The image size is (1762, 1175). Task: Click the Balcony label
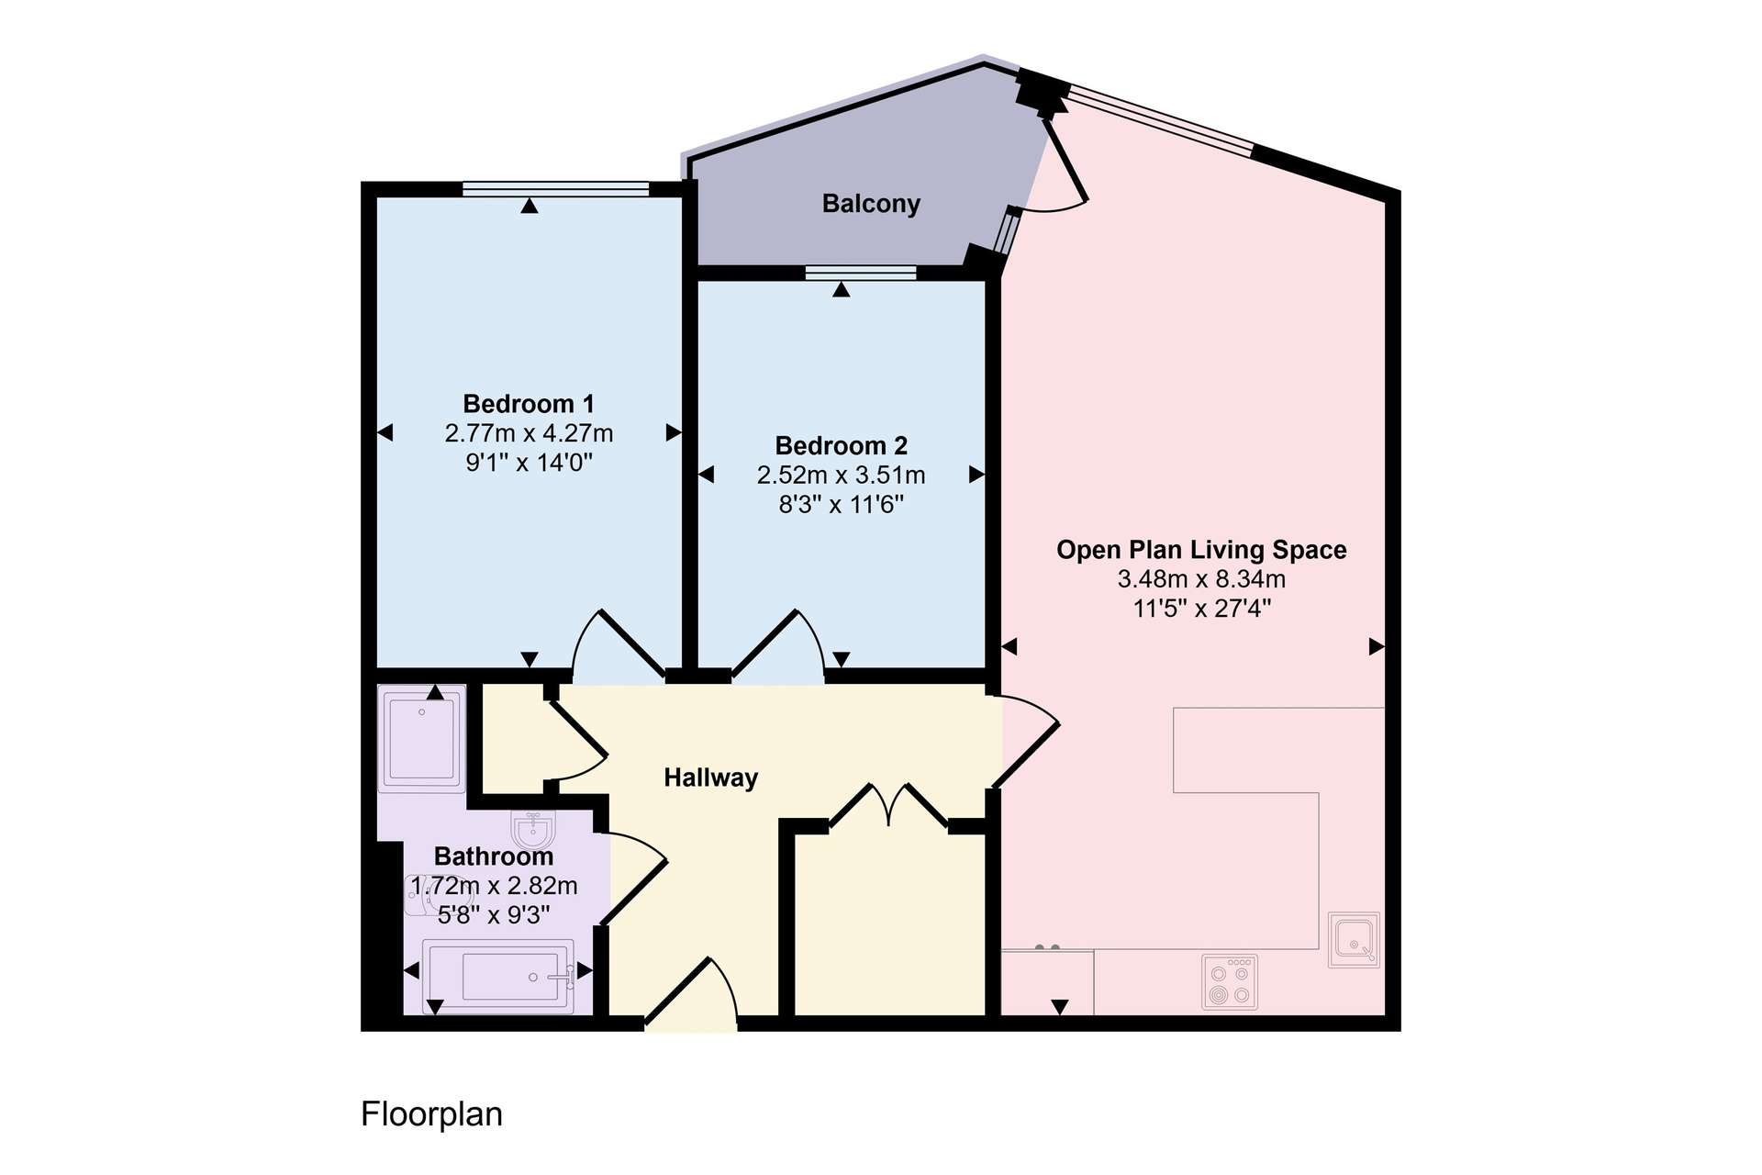coord(871,204)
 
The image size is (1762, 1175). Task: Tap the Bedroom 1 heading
coord(529,404)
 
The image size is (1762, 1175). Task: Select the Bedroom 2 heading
coord(842,446)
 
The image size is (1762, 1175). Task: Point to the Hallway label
coord(711,778)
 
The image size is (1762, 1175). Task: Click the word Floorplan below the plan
coord(432,1114)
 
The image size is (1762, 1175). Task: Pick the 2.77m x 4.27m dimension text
coord(530,433)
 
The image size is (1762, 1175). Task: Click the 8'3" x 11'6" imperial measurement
coord(842,504)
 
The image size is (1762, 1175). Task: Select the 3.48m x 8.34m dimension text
coord(1201,579)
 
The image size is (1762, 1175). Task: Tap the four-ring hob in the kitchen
coord(1230,983)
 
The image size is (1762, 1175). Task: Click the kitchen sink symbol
coord(1355,940)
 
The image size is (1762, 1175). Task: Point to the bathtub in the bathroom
coord(498,977)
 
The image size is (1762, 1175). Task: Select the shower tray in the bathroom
coord(422,739)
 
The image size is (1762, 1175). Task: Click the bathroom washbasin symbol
coord(533,831)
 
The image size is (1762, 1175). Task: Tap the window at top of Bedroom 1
coord(556,189)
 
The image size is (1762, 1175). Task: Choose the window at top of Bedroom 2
coord(861,272)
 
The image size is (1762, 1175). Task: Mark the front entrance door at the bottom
coord(692,991)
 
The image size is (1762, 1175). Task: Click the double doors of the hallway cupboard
coord(888,806)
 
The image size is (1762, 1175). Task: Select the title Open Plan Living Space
coord(1201,550)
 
